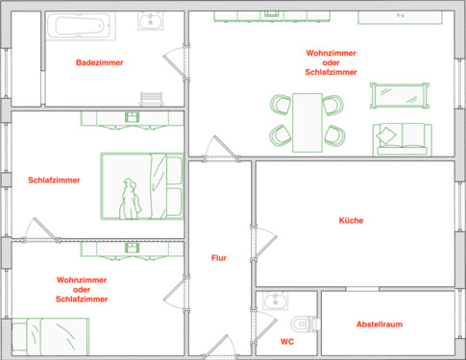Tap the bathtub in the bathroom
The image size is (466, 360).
[x=80, y=26]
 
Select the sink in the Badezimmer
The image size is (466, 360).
[x=149, y=22]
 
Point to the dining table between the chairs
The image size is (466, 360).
[x=307, y=120]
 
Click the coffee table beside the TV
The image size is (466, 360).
[x=399, y=95]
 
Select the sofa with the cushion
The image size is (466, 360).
[x=403, y=137]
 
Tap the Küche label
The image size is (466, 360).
[x=351, y=220]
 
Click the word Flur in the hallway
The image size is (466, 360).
[x=220, y=257]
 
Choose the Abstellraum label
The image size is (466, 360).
[x=379, y=324]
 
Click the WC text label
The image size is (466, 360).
[x=287, y=341]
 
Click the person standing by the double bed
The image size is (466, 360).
[x=129, y=199]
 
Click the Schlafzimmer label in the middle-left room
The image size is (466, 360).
[x=54, y=180]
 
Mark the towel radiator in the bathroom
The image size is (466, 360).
[x=152, y=99]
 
